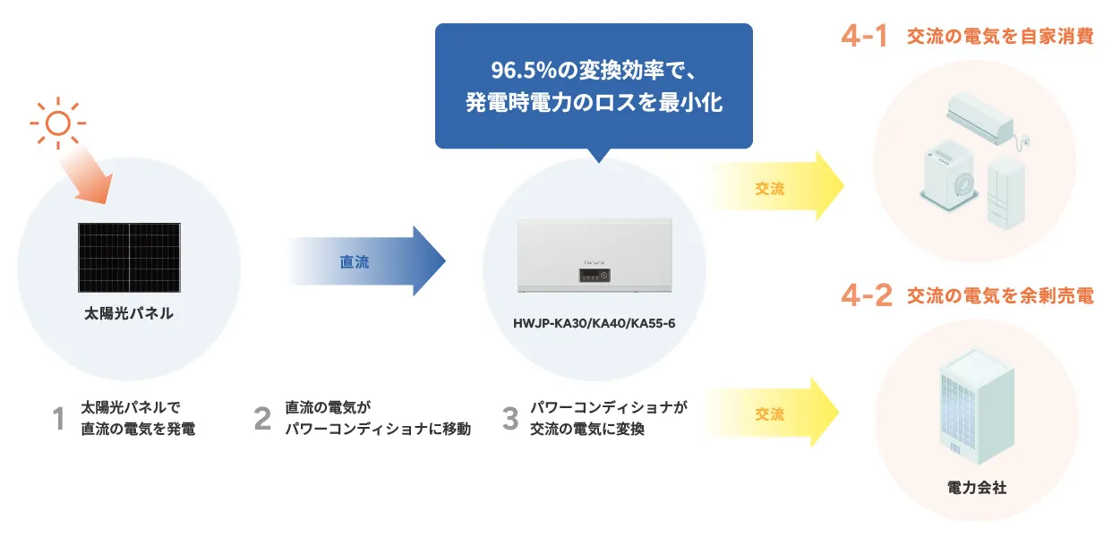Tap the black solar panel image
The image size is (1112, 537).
tap(129, 257)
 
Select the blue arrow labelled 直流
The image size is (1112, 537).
tap(367, 261)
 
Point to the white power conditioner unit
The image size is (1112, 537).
tap(594, 256)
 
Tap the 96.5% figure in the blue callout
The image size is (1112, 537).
tap(514, 69)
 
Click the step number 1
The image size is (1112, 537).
tap(59, 418)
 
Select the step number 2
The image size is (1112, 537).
tap(261, 418)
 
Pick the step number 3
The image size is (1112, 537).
tap(510, 418)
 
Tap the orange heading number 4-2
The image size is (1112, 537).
tap(867, 295)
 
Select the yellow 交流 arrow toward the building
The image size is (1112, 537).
tap(775, 413)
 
